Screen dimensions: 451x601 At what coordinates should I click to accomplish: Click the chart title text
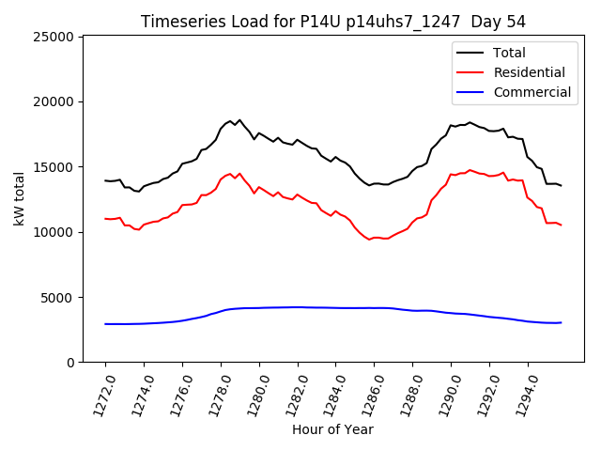click(x=332, y=22)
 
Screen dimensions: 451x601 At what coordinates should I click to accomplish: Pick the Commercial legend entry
click(x=532, y=92)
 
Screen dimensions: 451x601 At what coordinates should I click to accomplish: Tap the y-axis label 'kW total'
click(x=21, y=199)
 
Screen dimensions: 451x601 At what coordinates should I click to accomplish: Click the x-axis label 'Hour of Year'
click(x=332, y=429)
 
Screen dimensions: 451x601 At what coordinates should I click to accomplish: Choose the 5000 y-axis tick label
click(x=58, y=297)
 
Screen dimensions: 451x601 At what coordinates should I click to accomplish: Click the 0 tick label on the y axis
click(x=70, y=363)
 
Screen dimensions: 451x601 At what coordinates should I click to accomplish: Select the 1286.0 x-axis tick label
click(x=368, y=392)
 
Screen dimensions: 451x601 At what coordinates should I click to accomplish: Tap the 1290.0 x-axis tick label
click(x=445, y=392)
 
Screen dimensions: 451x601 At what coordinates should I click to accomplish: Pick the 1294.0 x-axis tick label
click(x=522, y=392)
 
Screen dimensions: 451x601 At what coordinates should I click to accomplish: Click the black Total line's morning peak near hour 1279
click(x=239, y=120)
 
